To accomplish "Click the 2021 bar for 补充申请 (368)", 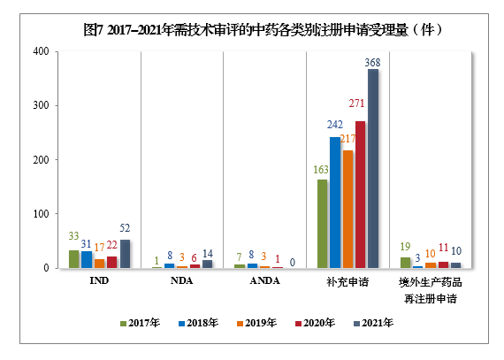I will coord(373,168).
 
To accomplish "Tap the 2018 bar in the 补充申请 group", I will coord(335,203).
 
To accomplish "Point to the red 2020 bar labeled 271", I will coord(360,195).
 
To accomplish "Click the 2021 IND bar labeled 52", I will coord(125,254).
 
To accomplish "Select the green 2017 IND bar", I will coord(74,259).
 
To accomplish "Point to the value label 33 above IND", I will coord(73,237).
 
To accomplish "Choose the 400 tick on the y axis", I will coord(41,51).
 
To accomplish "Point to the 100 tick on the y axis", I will coord(41,214).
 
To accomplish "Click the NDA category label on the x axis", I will coord(181,281).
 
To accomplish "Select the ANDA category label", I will coord(264,281).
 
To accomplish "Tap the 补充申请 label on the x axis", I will coord(347,282).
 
